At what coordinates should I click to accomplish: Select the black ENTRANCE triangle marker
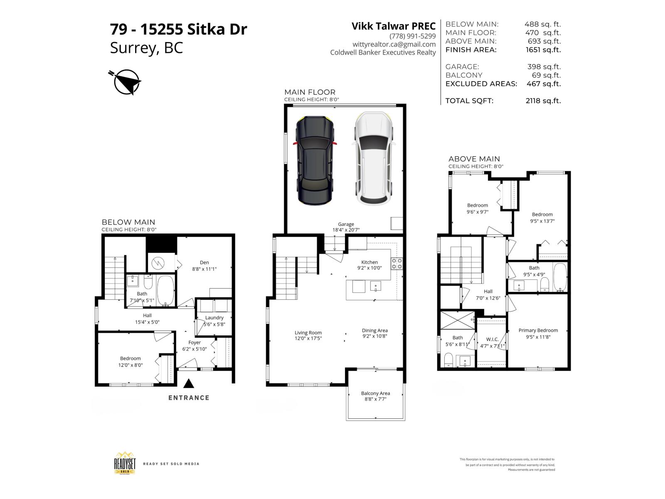point(189,383)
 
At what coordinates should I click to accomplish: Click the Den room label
point(204,262)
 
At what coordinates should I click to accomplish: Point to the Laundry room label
point(214,318)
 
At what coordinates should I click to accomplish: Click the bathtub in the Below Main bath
point(165,290)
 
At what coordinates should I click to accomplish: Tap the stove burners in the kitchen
point(396,264)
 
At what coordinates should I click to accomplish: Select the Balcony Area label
point(375,393)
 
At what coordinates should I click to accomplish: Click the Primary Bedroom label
point(538,331)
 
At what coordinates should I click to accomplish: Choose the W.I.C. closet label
point(492,339)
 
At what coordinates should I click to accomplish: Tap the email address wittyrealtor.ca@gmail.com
point(394,44)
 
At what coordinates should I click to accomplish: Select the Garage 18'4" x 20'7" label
point(345,227)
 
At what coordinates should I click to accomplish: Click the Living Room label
point(308,333)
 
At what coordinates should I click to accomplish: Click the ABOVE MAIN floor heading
point(474,159)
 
